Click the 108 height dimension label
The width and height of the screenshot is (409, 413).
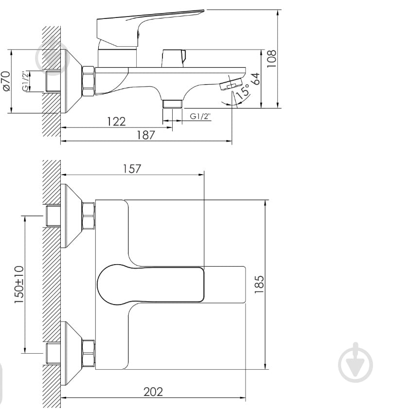[x=271, y=58]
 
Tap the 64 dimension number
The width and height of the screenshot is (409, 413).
[x=255, y=78]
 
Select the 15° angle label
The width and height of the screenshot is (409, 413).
[x=243, y=91]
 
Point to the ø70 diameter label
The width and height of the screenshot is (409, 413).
[x=6, y=81]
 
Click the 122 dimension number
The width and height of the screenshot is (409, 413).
[x=116, y=122]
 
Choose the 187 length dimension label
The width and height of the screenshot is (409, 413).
[x=145, y=135]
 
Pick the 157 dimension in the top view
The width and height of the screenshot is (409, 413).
[x=132, y=169]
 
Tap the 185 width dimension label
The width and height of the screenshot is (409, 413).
[x=259, y=285]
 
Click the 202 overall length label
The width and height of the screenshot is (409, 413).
[x=153, y=392]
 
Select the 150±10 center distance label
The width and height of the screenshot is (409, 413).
[x=19, y=285]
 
